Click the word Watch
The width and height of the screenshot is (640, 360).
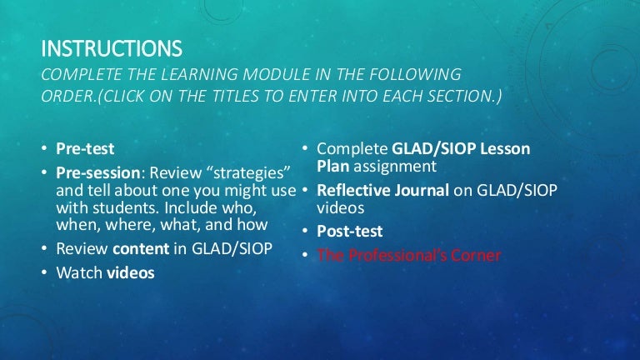[80, 272]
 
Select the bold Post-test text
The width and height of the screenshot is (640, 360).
[350, 231]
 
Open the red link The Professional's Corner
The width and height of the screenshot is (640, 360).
[409, 255]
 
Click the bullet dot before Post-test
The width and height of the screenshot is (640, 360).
[305, 231]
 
